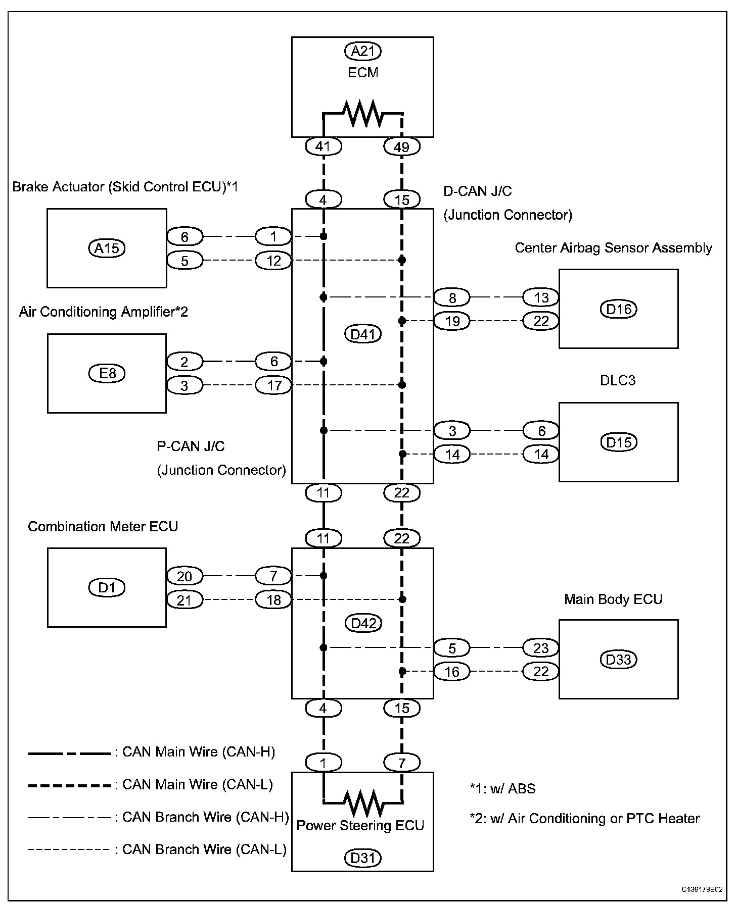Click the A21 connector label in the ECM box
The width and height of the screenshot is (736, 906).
click(x=362, y=51)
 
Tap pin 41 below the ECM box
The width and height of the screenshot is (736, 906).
click(x=324, y=147)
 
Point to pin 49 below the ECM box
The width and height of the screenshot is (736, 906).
click(x=402, y=147)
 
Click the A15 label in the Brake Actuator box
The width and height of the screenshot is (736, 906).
click(x=107, y=248)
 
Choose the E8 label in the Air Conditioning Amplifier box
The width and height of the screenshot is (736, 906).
click(x=107, y=373)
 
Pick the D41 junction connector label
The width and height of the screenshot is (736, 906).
click(x=362, y=334)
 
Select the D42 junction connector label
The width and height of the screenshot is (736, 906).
click(x=362, y=623)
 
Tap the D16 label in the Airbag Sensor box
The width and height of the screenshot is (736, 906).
click(x=618, y=309)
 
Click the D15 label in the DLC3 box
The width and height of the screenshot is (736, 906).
click(x=618, y=442)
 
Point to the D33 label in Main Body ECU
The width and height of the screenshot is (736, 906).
click(x=618, y=660)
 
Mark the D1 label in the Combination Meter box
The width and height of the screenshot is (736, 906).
click(x=107, y=587)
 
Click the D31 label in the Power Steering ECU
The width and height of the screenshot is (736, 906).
click(x=362, y=858)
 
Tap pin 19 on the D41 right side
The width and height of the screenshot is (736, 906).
click(x=452, y=321)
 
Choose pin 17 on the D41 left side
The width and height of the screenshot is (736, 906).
click(x=273, y=386)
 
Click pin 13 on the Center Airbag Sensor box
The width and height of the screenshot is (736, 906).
click(x=541, y=297)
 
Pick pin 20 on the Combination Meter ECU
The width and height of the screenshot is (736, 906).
click(x=185, y=576)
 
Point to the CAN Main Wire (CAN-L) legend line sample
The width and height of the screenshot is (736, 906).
click(x=70, y=785)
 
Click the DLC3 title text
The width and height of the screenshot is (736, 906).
click(x=618, y=380)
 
